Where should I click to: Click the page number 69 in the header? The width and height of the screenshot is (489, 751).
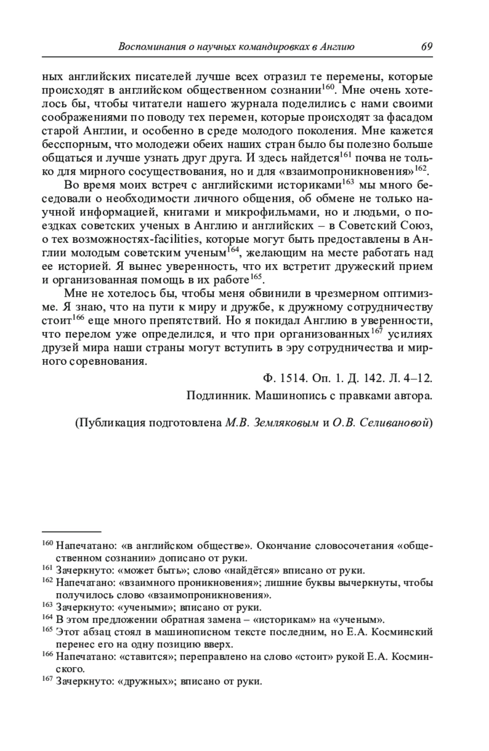pos(426,46)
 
